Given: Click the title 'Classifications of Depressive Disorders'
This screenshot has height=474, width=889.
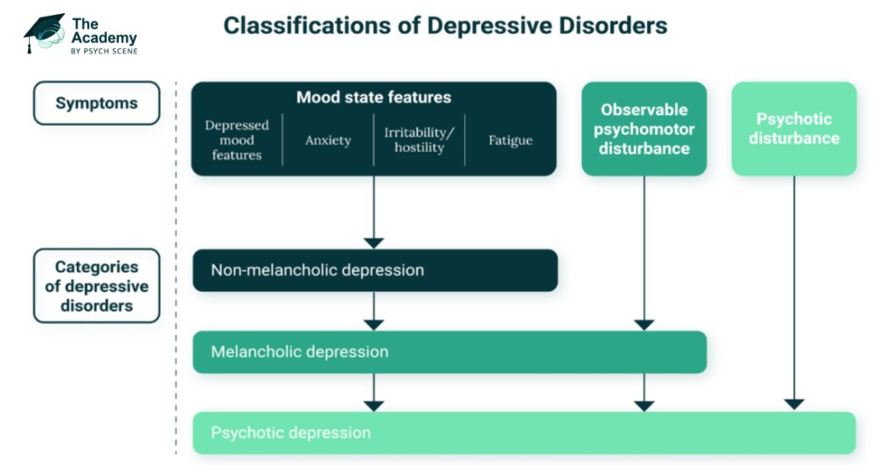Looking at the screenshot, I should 445,25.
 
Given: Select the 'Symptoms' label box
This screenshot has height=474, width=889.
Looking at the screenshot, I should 96,103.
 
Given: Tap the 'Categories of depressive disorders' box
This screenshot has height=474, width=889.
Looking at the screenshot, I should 96,286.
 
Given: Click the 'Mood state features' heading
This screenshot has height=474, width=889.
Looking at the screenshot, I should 373,97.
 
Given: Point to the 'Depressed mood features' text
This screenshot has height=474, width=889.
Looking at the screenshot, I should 237,140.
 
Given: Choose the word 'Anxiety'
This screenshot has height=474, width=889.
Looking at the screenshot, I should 328,140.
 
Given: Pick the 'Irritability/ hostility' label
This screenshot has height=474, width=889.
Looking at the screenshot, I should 419,140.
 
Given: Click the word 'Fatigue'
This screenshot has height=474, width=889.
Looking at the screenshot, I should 510,140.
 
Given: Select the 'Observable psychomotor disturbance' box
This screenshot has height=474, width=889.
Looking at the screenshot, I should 644,129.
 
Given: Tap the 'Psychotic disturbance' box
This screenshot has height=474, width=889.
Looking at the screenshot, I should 794,129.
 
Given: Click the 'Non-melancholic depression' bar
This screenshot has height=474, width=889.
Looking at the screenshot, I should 374,270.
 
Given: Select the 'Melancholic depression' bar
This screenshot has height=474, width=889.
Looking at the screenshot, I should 449,352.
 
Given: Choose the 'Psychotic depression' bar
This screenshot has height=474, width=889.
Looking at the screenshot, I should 524,433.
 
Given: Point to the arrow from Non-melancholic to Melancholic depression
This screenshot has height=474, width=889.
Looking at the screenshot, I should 374,310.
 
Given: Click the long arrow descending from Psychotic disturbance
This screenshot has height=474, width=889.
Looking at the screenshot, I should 794,289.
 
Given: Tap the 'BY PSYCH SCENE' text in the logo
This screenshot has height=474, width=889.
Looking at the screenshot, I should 104,51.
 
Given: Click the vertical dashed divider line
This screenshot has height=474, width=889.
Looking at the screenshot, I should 176,262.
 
